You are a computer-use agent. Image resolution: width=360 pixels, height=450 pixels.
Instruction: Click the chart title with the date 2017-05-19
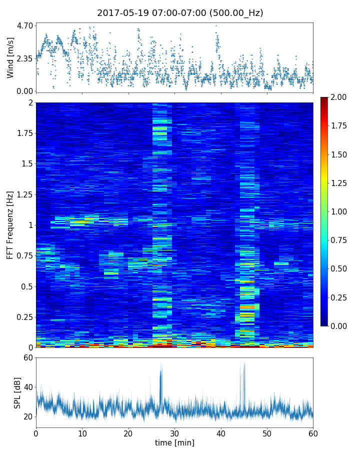(x=180, y=13)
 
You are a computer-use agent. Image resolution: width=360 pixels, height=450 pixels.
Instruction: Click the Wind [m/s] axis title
(x=10, y=57)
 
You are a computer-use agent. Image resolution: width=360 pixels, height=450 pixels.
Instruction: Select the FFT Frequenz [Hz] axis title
(x=10, y=225)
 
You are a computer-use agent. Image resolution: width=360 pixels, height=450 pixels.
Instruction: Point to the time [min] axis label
(x=174, y=442)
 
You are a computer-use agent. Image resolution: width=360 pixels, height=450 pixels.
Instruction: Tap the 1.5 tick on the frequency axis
(x=27, y=164)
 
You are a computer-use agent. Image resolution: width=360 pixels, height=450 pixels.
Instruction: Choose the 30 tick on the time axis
(x=174, y=433)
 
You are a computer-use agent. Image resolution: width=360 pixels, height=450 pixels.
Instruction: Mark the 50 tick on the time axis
(x=267, y=433)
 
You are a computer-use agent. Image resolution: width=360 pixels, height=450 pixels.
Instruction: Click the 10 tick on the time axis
(x=82, y=433)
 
